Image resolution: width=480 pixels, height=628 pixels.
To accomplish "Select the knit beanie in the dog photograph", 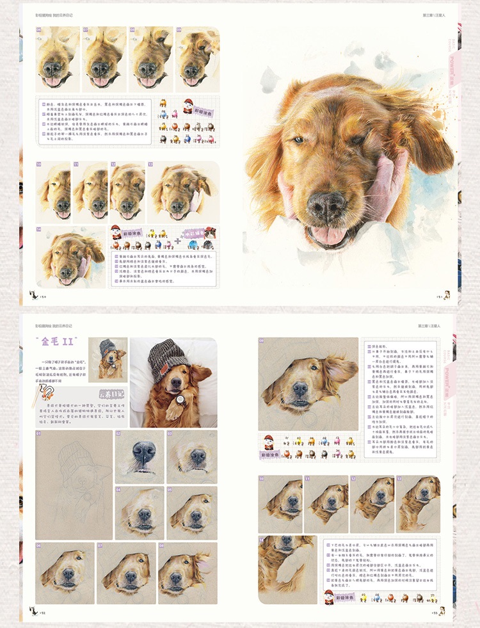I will (168, 359).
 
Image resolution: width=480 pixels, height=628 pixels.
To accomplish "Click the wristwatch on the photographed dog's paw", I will (180, 402).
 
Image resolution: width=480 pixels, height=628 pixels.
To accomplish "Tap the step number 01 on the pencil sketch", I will (39, 434).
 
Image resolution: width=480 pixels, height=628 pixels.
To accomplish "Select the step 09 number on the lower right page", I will (262, 342).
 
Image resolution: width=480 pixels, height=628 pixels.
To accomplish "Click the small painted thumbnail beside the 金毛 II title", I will (107, 358).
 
